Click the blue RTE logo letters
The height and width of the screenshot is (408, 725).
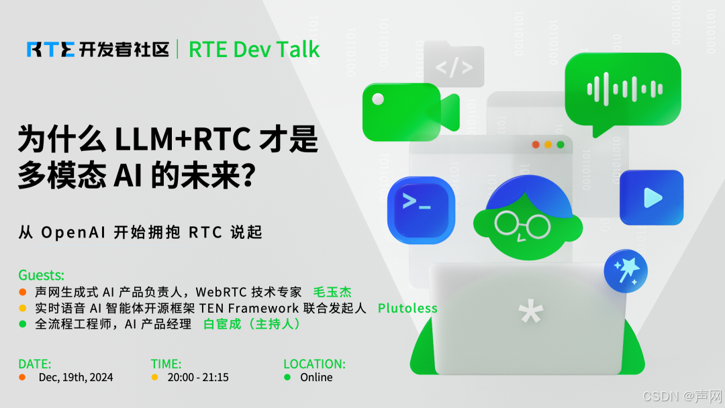[x=51, y=49]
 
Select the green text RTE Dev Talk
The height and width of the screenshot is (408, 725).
[x=254, y=49]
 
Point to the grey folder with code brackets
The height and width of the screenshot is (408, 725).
[x=454, y=66]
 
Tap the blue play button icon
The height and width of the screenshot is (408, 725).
[x=650, y=197]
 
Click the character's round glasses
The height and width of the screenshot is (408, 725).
[x=522, y=224]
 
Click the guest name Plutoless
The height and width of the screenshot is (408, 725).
[x=407, y=309]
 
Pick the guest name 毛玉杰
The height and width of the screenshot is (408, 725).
[x=332, y=293]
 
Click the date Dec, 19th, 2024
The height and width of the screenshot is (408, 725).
[x=76, y=378]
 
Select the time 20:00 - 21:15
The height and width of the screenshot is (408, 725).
[x=198, y=378]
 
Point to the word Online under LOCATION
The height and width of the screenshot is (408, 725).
[x=316, y=378]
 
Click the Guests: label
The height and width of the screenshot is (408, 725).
[x=42, y=276]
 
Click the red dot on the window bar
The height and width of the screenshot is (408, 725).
[x=536, y=144]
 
